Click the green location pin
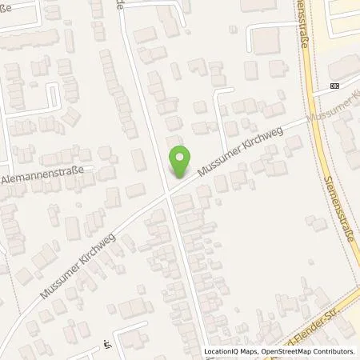click(x=180, y=162)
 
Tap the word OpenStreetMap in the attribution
click(x=289, y=351)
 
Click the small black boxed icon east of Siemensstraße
click(x=334, y=86)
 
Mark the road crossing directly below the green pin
click(x=168, y=194)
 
